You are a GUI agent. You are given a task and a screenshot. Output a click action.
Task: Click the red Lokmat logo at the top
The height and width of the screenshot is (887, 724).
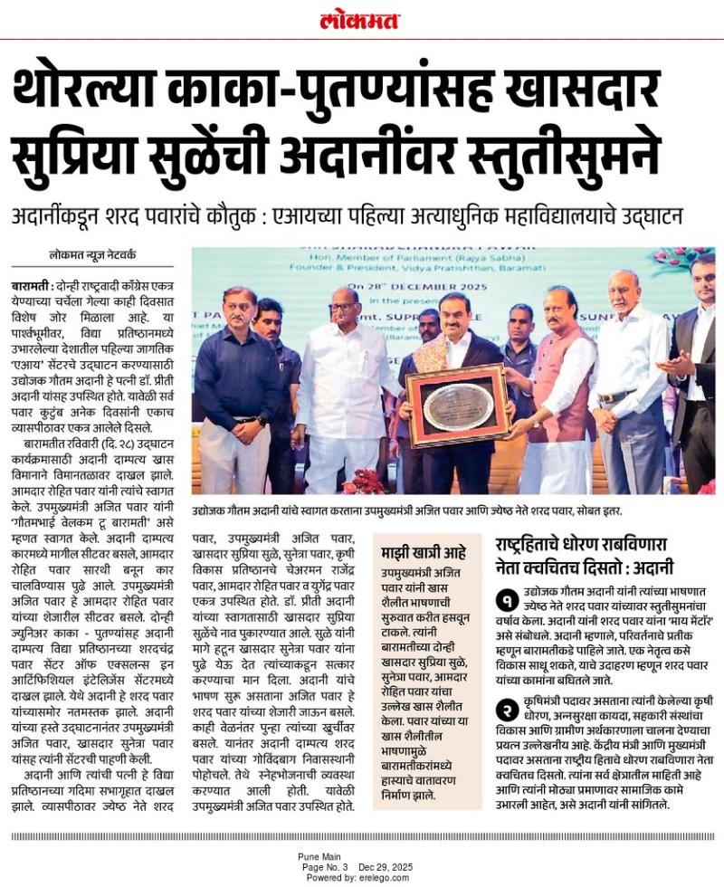click(x=361, y=19)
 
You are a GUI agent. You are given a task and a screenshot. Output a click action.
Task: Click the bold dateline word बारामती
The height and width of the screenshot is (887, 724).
click(x=31, y=286)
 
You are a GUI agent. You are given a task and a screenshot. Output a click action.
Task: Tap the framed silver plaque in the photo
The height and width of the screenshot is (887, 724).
click(x=458, y=405)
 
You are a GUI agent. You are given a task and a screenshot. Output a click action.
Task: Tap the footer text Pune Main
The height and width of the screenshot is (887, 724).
click(x=319, y=855)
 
